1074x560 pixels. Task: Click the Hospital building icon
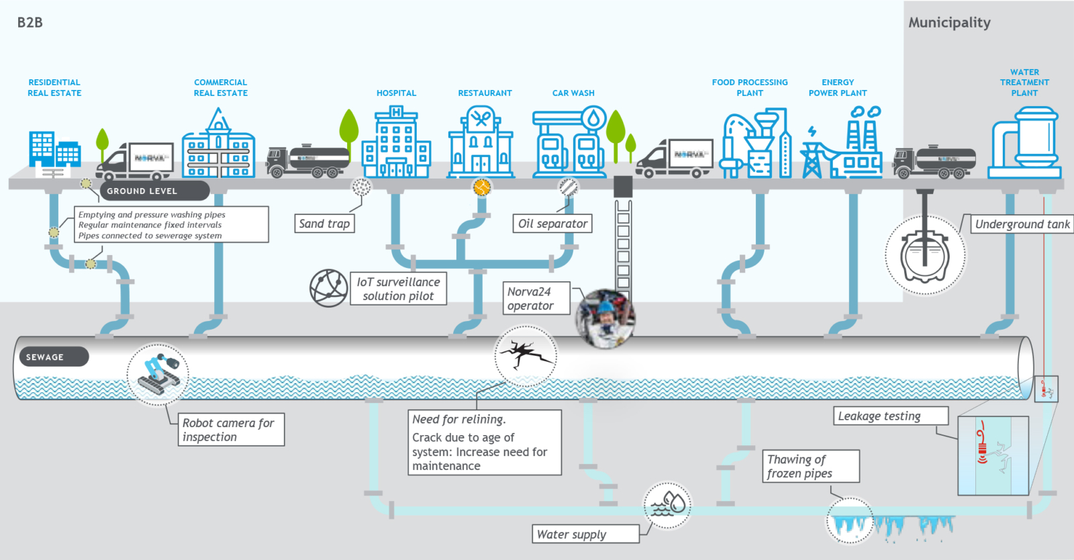tap(396, 143)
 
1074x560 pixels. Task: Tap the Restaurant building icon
tap(481, 143)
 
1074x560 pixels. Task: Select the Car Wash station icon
tap(569, 143)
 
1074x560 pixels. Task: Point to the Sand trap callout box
tap(324, 224)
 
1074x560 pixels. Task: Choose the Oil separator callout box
tap(552, 224)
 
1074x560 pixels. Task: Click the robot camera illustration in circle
tap(158, 375)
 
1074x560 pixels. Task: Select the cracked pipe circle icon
tap(526, 356)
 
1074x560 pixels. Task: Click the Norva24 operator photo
tap(605, 319)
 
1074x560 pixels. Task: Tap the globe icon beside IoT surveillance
tap(328, 287)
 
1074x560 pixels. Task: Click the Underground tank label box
tap(1022, 224)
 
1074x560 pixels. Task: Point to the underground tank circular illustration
tap(925, 255)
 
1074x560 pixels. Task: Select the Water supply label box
tap(585, 534)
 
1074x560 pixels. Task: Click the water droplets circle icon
tap(667, 505)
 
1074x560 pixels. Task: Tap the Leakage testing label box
tap(891, 416)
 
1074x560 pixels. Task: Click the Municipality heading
tap(949, 22)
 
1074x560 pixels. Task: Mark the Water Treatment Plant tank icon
tap(1024, 143)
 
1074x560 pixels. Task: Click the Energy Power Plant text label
tap(838, 87)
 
